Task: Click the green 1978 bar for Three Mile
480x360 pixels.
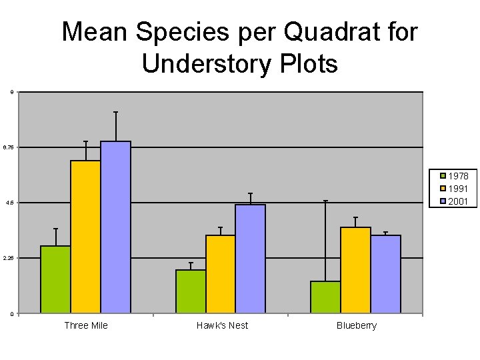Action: click(x=55, y=279)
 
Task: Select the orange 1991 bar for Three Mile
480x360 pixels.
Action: click(x=85, y=237)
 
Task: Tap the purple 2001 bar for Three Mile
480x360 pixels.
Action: click(x=115, y=227)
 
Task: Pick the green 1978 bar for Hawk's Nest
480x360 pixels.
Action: click(x=191, y=291)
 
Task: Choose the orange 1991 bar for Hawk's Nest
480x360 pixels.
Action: click(x=220, y=274)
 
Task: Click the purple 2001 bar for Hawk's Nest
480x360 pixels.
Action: click(x=250, y=259)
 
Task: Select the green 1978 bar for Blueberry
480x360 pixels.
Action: click(x=325, y=297)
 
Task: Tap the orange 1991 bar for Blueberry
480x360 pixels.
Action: click(x=355, y=270)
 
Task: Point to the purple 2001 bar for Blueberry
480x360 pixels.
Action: click(x=385, y=274)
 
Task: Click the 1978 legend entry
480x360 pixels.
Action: click(x=457, y=176)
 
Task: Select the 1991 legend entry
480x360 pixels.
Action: click(x=457, y=189)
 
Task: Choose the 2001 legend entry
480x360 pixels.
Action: click(x=457, y=201)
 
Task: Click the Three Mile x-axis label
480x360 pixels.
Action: click(x=86, y=325)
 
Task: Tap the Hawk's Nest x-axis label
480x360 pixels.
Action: click(x=222, y=325)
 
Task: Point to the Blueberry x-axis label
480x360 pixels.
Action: click(x=357, y=325)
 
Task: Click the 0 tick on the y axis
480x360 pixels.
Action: click(x=10, y=314)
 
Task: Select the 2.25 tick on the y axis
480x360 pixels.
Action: click(x=9, y=258)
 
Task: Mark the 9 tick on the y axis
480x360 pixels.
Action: click(x=10, y=92)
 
